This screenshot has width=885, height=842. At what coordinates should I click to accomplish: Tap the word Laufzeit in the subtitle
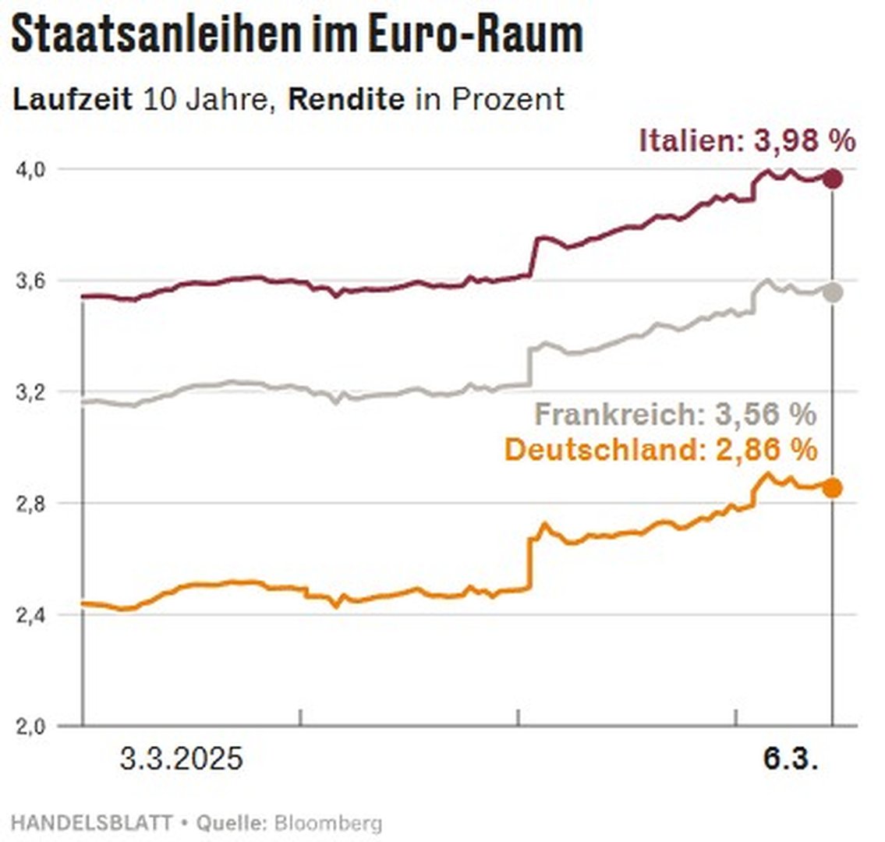pyautogui.click(x=73, y=100)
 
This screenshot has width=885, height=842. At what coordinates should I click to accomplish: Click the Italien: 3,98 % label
pyautogui.click(x=747, y=141)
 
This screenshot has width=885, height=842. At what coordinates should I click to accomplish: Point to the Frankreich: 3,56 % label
pyautogui.click(x=675, y=414)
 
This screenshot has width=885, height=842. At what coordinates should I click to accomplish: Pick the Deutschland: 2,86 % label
pyautogui.click(x=661, y=450)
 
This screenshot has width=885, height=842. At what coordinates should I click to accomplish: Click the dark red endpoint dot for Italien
pyautogui.click(x=833, y=179)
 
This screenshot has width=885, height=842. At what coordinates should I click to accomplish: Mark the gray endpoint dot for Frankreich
pyautogui.click(x=833, y=292)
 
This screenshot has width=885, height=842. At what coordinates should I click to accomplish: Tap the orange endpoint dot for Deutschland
pyautogui.click(x=833, y=488)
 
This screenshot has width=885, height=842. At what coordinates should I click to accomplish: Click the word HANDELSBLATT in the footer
pyautogui.click(x=92, y=823)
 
